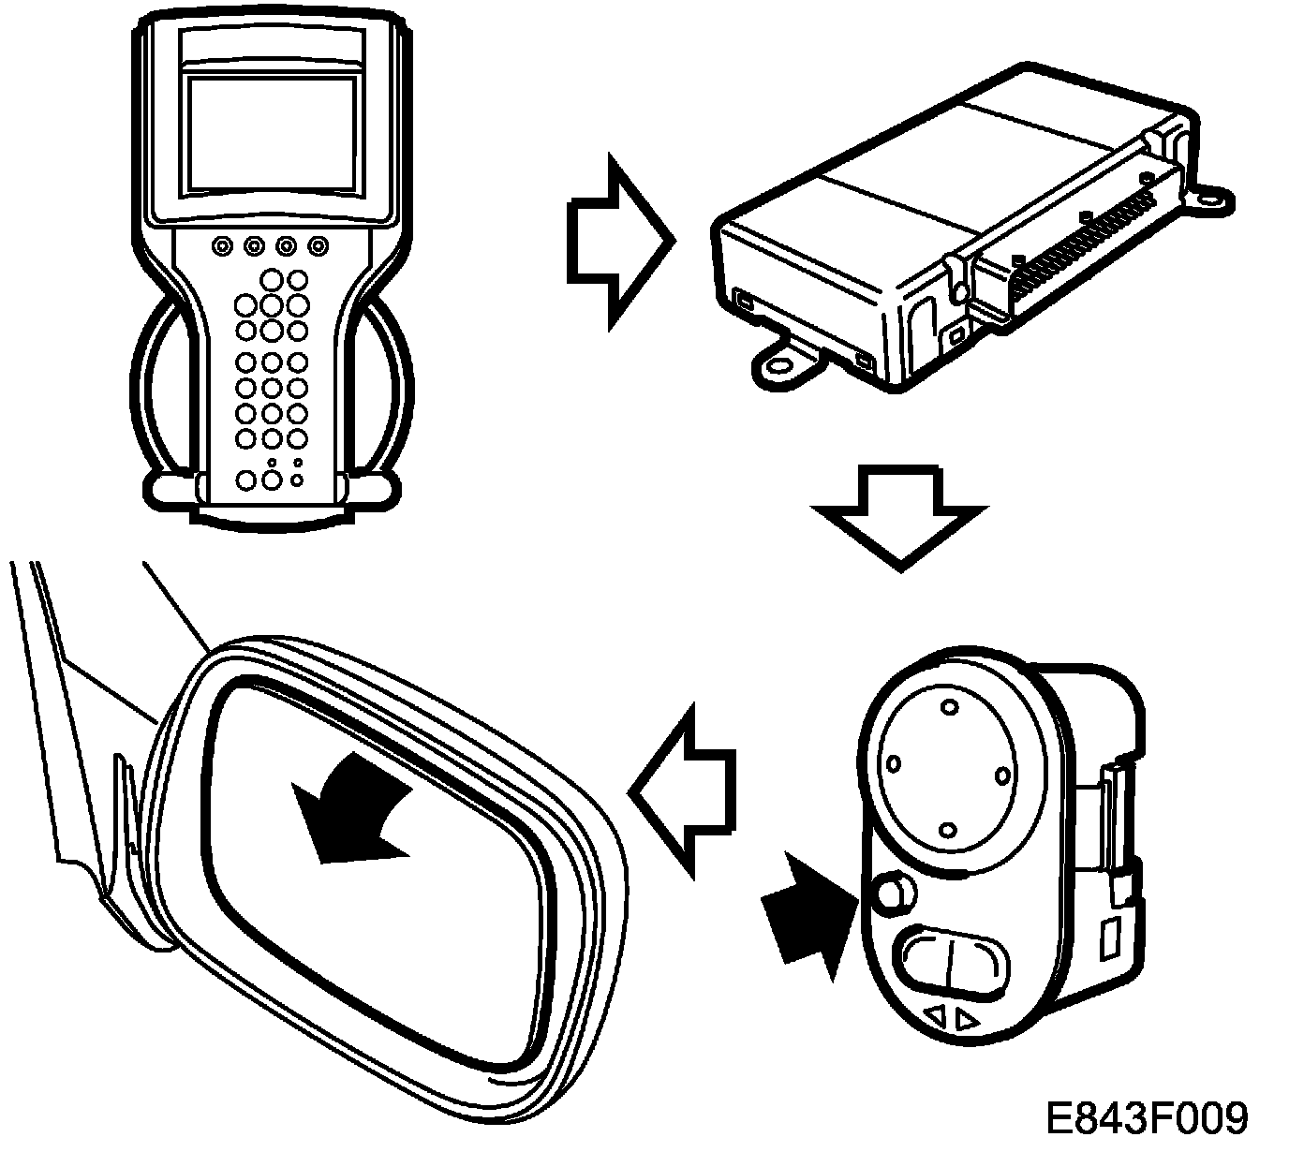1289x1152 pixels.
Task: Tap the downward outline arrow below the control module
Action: (900, 519)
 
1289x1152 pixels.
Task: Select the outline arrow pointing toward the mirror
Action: (682, 790)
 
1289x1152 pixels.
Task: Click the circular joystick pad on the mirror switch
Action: (947, 770)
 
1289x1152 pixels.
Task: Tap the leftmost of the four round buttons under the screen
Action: (222, 246)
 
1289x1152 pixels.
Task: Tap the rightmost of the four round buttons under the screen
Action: (319, 246)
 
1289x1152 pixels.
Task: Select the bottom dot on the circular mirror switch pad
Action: (947, 831)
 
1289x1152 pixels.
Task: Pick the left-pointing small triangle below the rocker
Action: (935, 1013)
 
